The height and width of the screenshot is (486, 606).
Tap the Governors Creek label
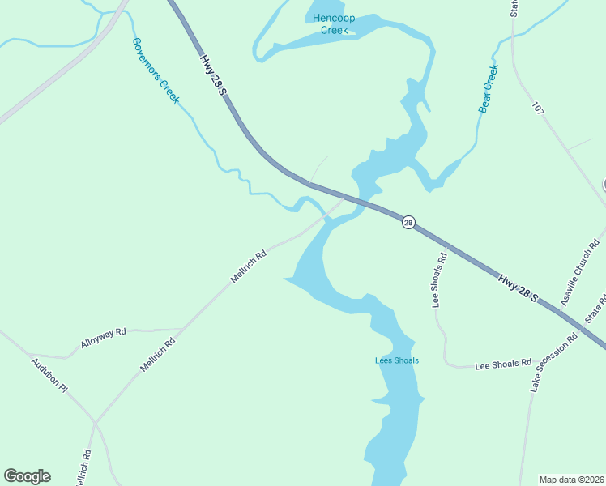click(156, 70)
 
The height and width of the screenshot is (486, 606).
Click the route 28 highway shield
click(408, 222)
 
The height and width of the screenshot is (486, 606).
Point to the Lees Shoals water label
click(396, 360)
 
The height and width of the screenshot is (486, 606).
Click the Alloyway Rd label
click(104, 338)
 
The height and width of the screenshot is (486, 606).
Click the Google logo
click(27, 476)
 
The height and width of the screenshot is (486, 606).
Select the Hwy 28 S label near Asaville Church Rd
click(519, 289)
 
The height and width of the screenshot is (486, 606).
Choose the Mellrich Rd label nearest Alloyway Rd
click(158, 355)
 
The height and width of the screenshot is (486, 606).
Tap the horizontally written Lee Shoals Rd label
click(502, 364)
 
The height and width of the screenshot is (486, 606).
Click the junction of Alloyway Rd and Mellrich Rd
click(179, 330)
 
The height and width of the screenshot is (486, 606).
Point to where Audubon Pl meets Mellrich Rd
click(95, 423)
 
